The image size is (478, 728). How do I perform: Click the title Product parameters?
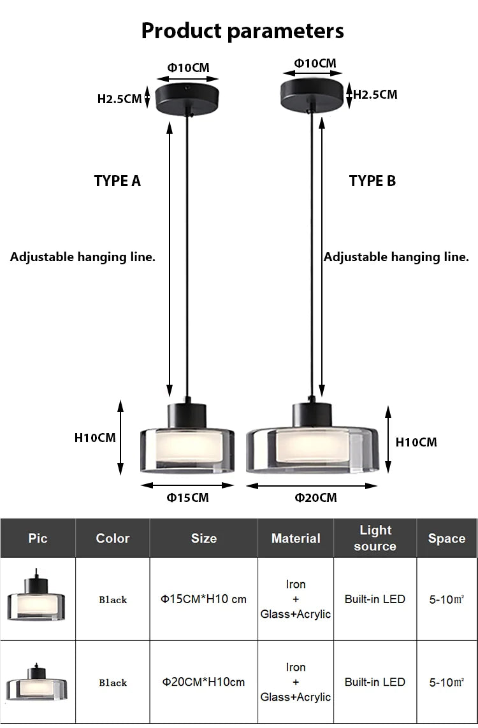coord(242,30)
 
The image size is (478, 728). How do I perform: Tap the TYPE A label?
coord(117,181)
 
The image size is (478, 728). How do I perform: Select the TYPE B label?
coord(372,181)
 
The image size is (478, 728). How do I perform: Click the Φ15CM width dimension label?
coord(188,497)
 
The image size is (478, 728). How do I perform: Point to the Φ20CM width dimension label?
coord(315,497)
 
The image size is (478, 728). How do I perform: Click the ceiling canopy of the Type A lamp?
coord(187,95)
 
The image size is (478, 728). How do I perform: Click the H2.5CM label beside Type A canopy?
coord(119,99)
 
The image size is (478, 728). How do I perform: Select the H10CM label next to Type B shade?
coord(416,442)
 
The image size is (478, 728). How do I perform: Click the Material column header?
coord(296,538)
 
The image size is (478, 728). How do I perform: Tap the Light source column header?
coord(375,538)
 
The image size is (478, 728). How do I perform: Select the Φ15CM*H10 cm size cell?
coord(203,599)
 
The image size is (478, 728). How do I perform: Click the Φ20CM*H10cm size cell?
coord(203,682)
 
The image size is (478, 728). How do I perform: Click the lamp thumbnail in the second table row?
coord(36,682)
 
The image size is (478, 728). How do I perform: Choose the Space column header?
coord(446,538)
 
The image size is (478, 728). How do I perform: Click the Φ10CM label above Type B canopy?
coord(315,63)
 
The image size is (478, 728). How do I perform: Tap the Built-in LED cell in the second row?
coord(375,682)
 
